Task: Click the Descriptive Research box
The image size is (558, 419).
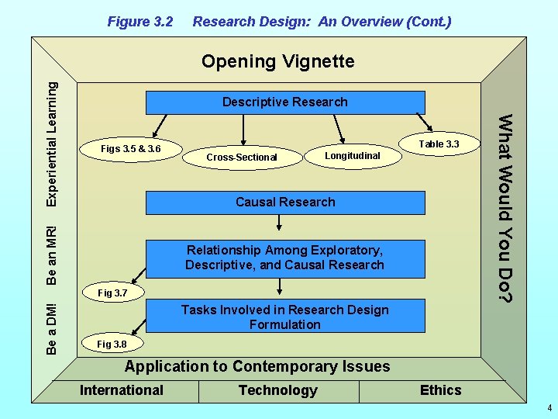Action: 285,102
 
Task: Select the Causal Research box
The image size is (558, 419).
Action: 285,203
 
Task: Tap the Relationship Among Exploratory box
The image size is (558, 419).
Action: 285,258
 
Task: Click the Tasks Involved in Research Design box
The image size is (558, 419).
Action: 285,317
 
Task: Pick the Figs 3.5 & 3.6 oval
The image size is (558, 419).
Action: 131,148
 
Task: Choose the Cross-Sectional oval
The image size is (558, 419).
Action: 241,158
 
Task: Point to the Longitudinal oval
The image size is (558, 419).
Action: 352,156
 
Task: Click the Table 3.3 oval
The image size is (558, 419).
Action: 439,144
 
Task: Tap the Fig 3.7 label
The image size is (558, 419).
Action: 112,293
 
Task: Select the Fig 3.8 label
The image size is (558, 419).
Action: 112,344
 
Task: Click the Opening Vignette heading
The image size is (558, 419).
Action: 277,61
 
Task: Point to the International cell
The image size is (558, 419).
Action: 122,390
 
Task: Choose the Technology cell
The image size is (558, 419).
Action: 277,390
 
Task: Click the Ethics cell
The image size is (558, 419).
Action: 440,390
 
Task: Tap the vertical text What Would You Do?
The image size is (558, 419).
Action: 505,208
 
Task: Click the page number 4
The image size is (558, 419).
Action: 548,408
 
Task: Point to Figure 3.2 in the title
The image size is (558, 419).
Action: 139,22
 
